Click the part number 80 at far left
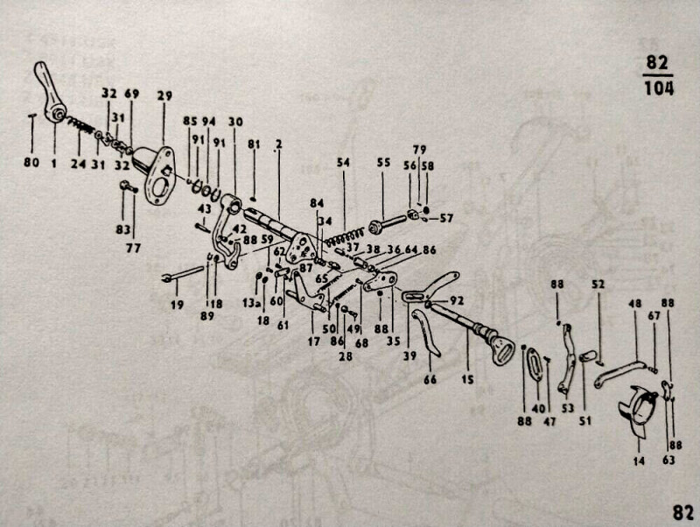[31, 162]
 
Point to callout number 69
[132, 93]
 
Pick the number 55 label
[382, 163]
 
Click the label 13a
[251, 303]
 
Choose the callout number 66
[430, 379]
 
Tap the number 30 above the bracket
[235, 121]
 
